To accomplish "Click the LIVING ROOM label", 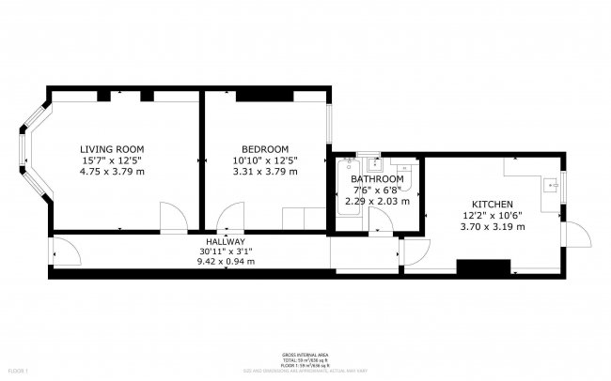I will point(112,149).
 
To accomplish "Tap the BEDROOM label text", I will point(264,149).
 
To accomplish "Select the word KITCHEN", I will point(492,205).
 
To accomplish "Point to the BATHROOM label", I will point(377,178).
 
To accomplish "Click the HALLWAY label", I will point(222,241).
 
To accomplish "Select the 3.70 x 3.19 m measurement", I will point(492,226).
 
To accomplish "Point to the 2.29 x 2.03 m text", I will point(377,200).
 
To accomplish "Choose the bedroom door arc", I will point(228,219).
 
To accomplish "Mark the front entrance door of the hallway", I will point(62,252).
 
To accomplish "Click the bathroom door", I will point(381,221).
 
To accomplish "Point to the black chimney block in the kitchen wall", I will point(476,267).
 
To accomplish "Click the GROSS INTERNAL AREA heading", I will point(305,355).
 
